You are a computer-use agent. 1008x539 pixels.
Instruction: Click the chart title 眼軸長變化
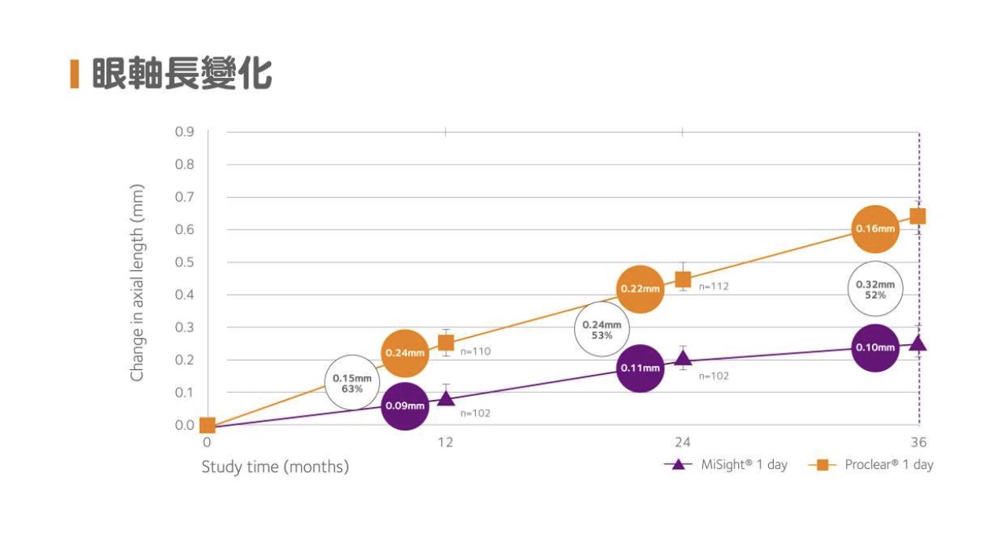pyautogui.click(x=182, y=75)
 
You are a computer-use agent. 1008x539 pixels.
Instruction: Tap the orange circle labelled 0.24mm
pyautogui.click(x=404, y=353)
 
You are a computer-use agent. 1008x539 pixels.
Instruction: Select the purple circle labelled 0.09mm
pyautogui.click(x=404, y=405)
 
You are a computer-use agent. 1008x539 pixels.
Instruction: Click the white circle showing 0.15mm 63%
pyautogui.click(x=351, y=383)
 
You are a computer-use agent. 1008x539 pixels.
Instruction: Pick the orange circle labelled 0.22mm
pyautogui.click(x=641, y=288)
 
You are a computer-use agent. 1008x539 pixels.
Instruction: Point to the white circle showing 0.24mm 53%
pyautogui.click(x=601, y=329)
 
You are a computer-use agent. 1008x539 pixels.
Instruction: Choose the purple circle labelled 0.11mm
pyautogui.click(x=641, y=368)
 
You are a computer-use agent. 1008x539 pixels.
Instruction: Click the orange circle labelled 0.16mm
pyautogui.click(x=875, y=229)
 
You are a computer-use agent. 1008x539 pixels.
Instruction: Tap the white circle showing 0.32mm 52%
pyautogui.click(x=875, y=288)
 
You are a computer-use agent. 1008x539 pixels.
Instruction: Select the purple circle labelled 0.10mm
pyautogui.click(x=875, y=347)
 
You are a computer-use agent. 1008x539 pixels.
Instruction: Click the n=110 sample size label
pyautogui.click(x=476, y=351)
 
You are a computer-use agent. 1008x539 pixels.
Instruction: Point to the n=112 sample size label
pyautogui.click(x=713, y=286)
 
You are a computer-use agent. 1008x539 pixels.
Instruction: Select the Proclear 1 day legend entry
pyautogui.click(x=871, y=464)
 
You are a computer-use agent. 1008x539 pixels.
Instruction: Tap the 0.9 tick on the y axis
pyautogui.click(x=184, y=131)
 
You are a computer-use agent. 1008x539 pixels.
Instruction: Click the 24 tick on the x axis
pyautogui.click(x=682, y=442)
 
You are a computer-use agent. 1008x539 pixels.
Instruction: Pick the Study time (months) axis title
pyautogui.click(x=275, y=467)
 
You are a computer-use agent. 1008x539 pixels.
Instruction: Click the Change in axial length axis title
pyautogui.click(x=138, y=284)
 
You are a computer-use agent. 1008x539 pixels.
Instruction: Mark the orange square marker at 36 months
pyautogui.click(x=918, y=216)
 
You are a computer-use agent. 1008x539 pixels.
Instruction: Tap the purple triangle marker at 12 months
pyautogui.click(x=446, y=398)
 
